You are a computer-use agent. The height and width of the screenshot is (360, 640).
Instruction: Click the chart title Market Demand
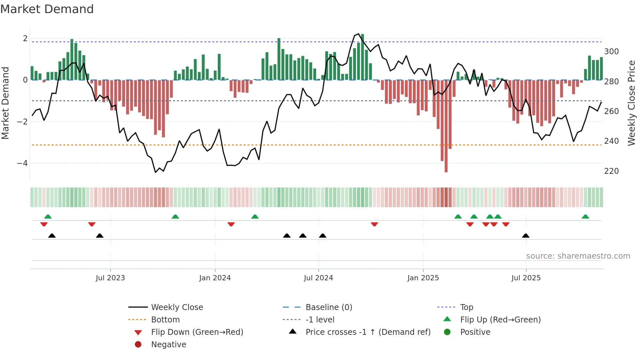(x=47, y=9)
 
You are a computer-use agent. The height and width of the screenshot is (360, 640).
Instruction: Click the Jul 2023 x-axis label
(x=110, y=278)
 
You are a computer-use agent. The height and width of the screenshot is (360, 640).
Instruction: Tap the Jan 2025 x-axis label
(x=423, y=278)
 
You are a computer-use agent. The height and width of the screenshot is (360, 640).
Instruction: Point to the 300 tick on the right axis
(x=611, y=52)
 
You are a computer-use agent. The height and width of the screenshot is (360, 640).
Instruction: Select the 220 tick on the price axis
(x=611, y=171)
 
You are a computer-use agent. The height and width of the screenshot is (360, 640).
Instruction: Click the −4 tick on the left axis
(x=22, y=163)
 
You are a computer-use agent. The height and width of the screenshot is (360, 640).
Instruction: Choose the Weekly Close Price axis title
(x=632, y=103)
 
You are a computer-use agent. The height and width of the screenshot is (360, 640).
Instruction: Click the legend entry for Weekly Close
(x=177, y=307)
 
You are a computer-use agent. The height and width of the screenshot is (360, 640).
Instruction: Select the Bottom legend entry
(x=165, y=319)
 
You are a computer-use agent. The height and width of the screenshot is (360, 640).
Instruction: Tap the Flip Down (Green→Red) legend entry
(x=197, y=332)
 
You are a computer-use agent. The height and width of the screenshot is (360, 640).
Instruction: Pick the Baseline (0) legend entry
(x=328, y=307)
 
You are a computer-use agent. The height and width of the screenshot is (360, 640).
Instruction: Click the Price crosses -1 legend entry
(x=368, y=332)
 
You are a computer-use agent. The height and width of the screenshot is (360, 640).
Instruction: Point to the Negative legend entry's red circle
(x=138, y=344)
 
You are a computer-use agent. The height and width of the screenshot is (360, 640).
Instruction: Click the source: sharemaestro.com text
(x=578, y=256)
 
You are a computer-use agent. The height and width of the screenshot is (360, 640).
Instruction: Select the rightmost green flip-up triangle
(x=585, y=217)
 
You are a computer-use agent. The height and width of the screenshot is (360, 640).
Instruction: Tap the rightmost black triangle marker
(x=525, y=236)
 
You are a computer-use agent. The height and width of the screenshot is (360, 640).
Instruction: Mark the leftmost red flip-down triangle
(x=44, y=224)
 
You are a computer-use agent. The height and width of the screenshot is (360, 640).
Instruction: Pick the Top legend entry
(x=466, y=307)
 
